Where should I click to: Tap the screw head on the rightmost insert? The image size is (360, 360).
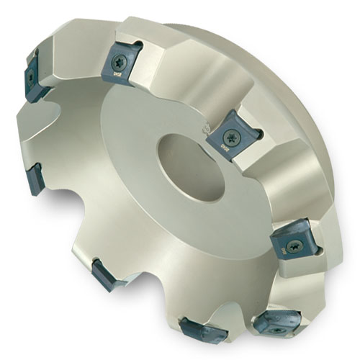click(294, 244)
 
